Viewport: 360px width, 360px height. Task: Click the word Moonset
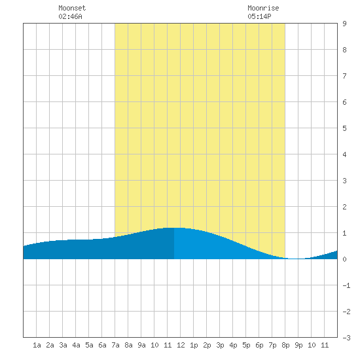[x=72, y=8]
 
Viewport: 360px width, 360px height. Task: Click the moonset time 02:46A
[x=70, y=16]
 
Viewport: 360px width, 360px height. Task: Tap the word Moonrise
[x=263, y=8]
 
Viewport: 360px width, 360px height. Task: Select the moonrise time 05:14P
[x=259, y=16]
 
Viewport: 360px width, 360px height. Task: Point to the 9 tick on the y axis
[x=344, y=24]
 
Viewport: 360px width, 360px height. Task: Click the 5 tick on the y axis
[x=344, y=128]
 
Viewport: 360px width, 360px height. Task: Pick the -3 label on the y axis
[x=346, y=338]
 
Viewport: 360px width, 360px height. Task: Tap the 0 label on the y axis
[x=344, y=259]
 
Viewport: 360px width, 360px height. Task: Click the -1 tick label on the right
[x=346, y=285]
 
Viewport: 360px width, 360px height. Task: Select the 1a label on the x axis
[x=37, y=345]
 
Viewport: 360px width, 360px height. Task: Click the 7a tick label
[x=115, y=345]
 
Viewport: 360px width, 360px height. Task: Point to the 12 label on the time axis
[x=181, y=345]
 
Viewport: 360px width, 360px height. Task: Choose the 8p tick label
[x=285, y=346]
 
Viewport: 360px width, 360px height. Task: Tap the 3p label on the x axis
[x=220, y=346]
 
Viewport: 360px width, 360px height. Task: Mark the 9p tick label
[x=298, y=346]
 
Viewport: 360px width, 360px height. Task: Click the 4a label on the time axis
[x=76, y=345]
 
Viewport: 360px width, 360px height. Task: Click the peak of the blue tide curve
[x=175, y=228]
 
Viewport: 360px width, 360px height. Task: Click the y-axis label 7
[x=344, y=76]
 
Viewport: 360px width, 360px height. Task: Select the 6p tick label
[x=259, y=346]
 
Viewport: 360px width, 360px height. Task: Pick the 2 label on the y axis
[x=344, y=207]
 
